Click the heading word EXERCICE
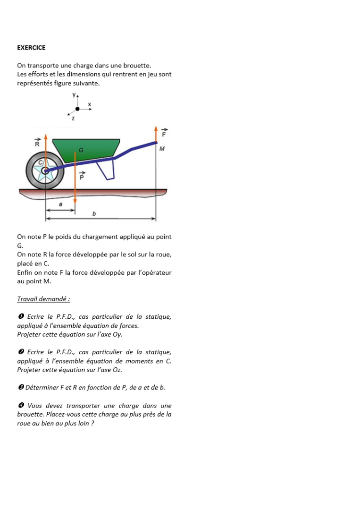[31, 48]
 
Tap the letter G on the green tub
[81, 150]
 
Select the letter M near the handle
[162, 149]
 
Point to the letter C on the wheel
[41, 162]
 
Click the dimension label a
[60, 204]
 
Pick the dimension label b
[94, 214]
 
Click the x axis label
[90, 104]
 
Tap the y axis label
[74, 95]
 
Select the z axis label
[73, 118]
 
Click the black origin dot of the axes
[77, 109]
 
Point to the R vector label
[37, 143]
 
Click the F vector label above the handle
[164, 133]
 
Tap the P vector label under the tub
[82, 177]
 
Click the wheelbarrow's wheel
[45, 171]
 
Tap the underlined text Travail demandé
[43, 299]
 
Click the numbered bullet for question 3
[21, 388]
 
